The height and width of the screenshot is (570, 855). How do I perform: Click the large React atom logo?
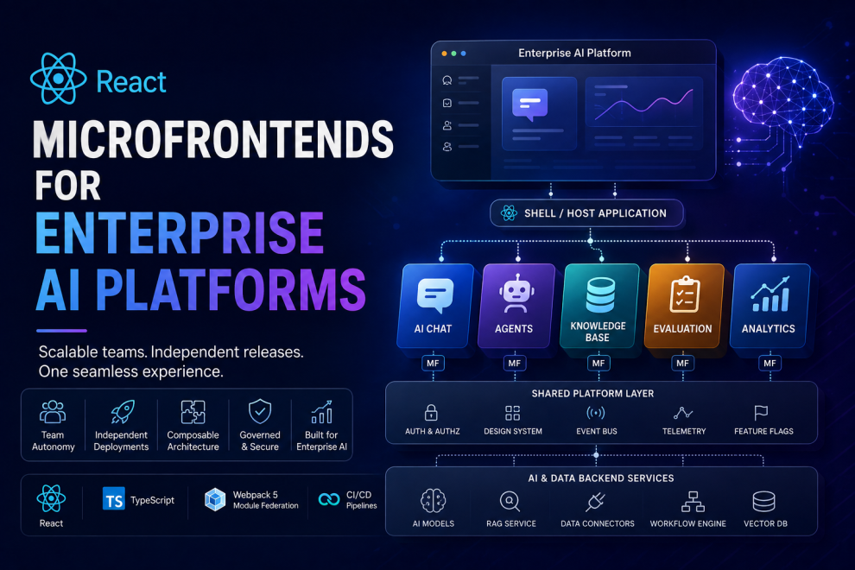tap(59, 79)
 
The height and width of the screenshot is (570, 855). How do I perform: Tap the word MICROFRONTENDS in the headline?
tap(213, 140)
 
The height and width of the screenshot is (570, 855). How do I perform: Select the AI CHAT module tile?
tap(434, 306)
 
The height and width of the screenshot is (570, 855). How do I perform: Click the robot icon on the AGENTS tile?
tap(516, 294)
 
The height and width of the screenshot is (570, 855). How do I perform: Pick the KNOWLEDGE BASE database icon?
tap(600, 294)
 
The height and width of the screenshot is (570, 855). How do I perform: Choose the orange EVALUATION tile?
tap(683, 306)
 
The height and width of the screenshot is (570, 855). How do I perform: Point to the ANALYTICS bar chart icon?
tap(770, 294)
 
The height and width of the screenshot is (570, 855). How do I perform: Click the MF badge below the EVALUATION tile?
tap(682, 364)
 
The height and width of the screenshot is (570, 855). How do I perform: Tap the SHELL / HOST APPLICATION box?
tap(586, 213)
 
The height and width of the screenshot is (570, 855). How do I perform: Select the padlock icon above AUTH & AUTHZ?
tap(431, 412)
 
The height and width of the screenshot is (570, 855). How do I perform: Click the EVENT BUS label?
tap(597, 432)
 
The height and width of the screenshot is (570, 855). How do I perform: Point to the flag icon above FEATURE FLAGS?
tap(761, 412)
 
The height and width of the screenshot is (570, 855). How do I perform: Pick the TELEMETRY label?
tap(684, 432)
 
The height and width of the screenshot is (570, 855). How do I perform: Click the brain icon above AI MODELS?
tap(434, 501)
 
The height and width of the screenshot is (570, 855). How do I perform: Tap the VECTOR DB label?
tap(765, 523)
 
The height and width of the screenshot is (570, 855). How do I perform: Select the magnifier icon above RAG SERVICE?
tap(510, 501)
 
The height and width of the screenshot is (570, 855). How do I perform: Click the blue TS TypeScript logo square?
tap(113, 499)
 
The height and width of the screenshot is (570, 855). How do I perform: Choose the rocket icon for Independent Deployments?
tap(122, 412)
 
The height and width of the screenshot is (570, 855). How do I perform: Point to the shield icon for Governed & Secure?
tap(260, 411)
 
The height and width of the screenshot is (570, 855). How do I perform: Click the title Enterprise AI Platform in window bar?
tap(574, 53)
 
